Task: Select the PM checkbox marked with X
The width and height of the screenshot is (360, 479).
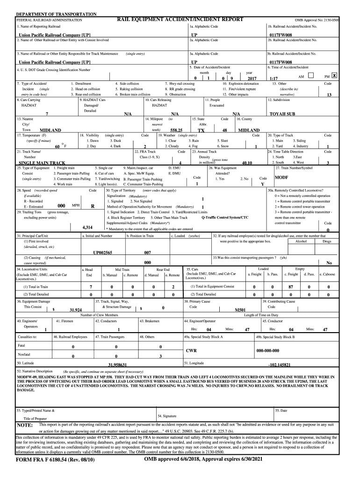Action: (334, 76)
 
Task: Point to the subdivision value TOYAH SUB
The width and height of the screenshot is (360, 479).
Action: (282, 114)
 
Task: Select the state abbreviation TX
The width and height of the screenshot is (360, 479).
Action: (201, 131)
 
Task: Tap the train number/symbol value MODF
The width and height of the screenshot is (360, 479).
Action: (281, 178)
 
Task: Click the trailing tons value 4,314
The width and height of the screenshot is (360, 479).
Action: (87, 227)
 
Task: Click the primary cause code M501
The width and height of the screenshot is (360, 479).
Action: (240, 310)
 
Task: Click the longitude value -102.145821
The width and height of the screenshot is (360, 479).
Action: (279, 364)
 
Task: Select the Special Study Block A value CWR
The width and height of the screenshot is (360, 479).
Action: (191, 350)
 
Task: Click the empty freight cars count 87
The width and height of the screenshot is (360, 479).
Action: (290, 287)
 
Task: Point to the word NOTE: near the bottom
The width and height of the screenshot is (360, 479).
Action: (25, 425)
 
